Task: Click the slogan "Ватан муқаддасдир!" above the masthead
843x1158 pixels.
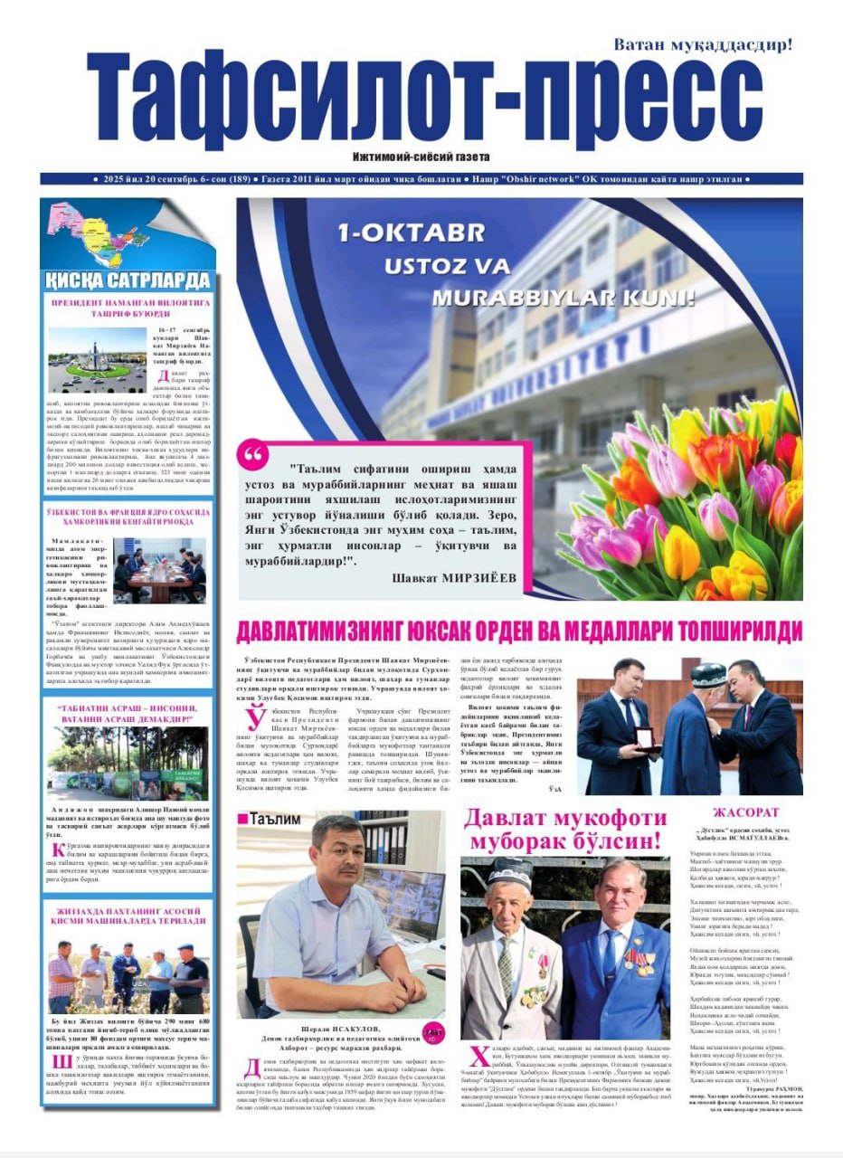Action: tap(703, 43)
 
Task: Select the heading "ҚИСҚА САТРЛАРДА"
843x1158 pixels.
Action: tap(128, 280)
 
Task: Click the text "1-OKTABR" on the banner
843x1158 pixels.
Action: tap(412, 233)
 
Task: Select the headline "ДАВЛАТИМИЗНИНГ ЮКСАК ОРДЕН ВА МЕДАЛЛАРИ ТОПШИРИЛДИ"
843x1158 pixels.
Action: tap(518, 630)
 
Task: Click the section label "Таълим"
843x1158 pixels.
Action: tap(275, 819)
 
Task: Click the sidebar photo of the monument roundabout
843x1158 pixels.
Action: tap(97, 359)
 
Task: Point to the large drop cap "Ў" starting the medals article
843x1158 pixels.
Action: tap(256, 718)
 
